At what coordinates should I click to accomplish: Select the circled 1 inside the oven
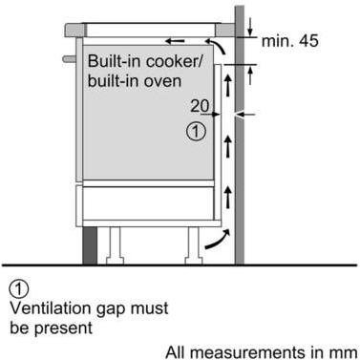point(196,132)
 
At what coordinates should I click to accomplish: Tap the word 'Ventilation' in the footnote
point(48,307)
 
